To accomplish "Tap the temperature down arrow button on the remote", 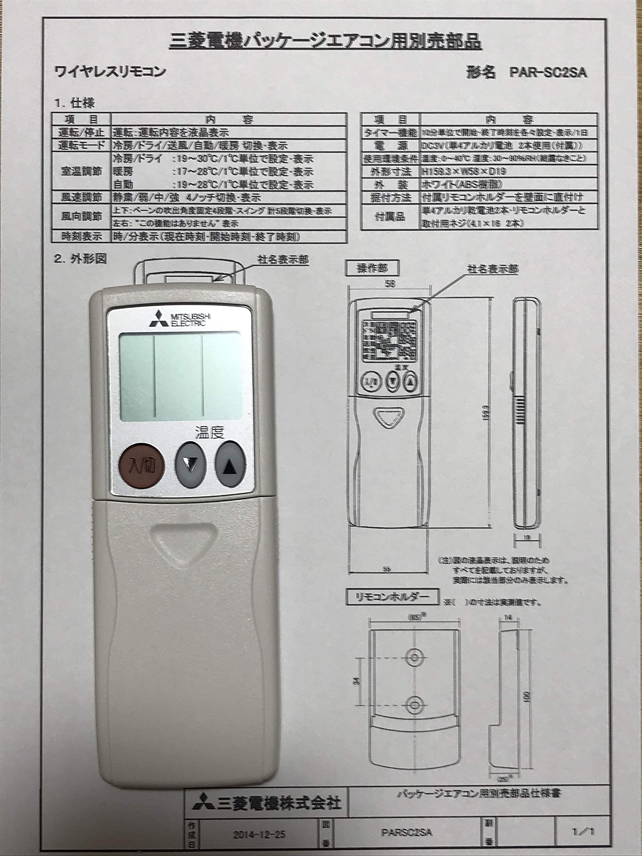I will coord(191,464).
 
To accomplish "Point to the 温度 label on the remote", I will coord(209,432).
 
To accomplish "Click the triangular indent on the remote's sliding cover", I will coord(182,541).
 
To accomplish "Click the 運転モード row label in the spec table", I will coord(81,145).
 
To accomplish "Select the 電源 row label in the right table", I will coord(391,145).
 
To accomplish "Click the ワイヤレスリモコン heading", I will coord(110,72).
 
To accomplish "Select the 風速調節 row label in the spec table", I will coord(81,197).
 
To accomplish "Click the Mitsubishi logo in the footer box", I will coord(204,801).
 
